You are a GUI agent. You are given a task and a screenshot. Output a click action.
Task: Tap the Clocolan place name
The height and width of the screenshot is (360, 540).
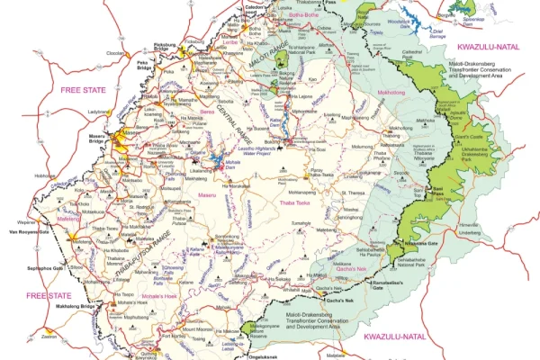[115, 53]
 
